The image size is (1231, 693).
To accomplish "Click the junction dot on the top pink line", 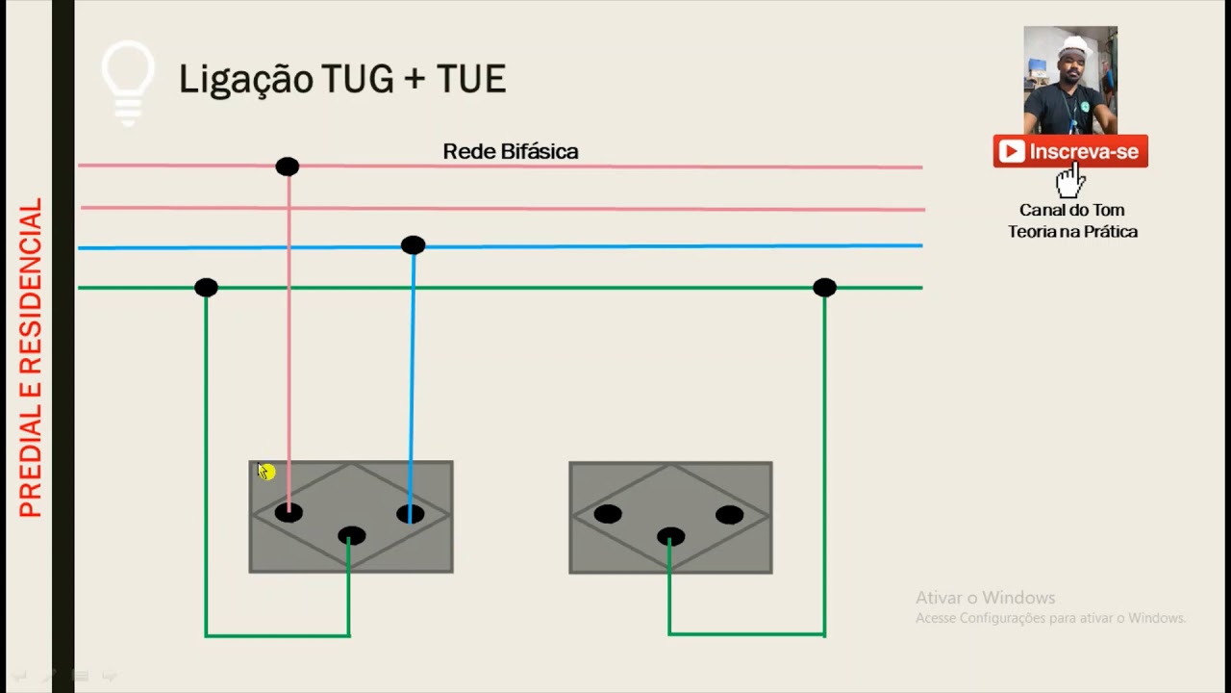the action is click(x=287, y=167).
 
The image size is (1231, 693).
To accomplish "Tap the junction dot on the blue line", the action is click(x=413, y=245).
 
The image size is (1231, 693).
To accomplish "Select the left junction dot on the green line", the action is click(x=206, y=288).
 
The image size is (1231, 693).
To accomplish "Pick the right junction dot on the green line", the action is click(x=824, y=288).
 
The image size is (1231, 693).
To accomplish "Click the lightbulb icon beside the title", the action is click(x=128, y=82).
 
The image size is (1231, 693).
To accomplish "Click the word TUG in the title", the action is click(x=356, y=79).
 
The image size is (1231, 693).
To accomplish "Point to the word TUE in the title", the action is click(x=471, y=79).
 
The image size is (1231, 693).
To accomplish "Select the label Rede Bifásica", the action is click(x=510, y=151).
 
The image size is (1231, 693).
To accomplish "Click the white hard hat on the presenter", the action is click(x=1074, y=46).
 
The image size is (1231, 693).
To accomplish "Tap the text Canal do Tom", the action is click(x=1071, y=210).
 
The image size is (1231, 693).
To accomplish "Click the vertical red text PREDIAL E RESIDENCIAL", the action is click(x=31, y=358).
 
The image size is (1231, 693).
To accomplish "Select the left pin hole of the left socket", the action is click(x=289, y=513).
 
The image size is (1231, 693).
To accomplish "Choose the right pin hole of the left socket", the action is click(x=411, y=514).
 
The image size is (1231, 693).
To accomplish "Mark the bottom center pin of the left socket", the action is click(x=351, y=536).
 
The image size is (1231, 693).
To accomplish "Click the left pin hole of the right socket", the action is click(x=608, y=514).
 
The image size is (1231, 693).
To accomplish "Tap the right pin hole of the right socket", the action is click(x=729, y=515).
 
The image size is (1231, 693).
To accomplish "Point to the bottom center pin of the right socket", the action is click(x=670, y=537).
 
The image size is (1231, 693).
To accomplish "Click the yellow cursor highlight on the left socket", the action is click(x=266, y=472).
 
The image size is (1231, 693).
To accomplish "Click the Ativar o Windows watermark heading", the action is click(x=985, y=598).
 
